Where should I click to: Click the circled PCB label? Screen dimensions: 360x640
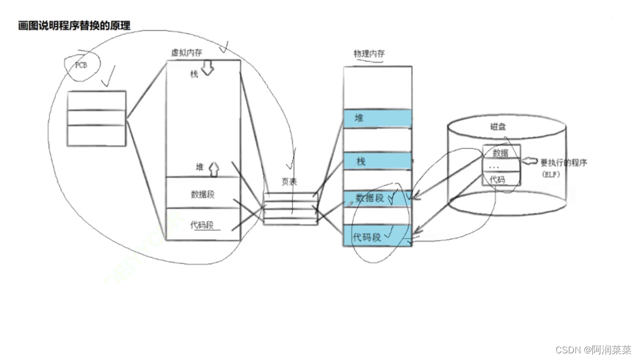[x=82, y=64]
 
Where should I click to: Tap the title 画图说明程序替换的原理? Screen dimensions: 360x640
[x=74, y=25]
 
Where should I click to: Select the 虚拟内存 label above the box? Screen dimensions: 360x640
[x=186, y=52]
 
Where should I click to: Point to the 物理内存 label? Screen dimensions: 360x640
[x=369, y=53]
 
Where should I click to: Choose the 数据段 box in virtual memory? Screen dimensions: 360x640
[x=203, y=194]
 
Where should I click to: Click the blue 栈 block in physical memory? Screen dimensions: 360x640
[x=378, y=162]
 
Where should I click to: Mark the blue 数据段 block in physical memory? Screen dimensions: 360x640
[x=378, y=198]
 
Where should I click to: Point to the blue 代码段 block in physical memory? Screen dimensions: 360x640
[x=378, y=237]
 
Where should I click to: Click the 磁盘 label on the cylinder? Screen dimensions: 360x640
[x=498, y=127]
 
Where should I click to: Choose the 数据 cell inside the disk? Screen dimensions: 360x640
[x=501, y=153]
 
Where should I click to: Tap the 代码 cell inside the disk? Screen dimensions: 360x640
[x=498, y=179]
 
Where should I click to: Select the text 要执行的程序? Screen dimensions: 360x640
[x=564, y=163]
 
